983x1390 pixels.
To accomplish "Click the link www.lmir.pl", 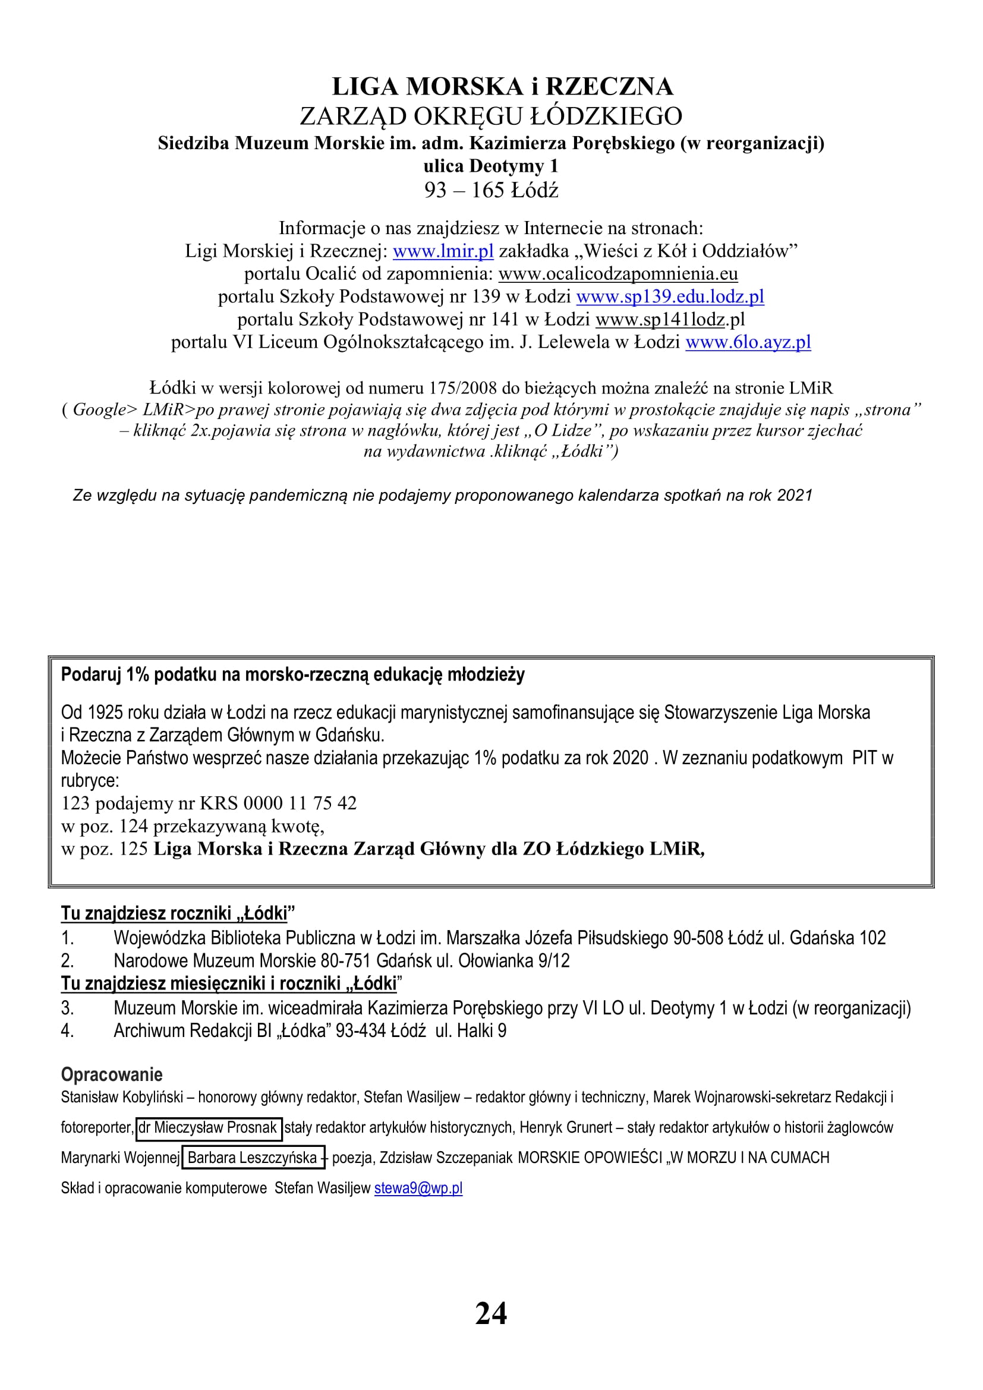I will (443, 251).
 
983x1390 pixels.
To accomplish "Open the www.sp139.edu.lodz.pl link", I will (670, 296).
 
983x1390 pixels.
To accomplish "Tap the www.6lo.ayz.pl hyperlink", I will (748, 342).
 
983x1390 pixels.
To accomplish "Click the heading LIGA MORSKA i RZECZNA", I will (502, 87).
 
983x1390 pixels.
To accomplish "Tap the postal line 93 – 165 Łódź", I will (491, 190).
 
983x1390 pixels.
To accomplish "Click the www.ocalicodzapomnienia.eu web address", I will (618, 273).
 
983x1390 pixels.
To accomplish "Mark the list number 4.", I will (67, 1030).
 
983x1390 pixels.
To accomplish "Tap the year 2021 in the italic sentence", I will (794, 495).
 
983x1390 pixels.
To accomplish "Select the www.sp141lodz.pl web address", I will (670, 319).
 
